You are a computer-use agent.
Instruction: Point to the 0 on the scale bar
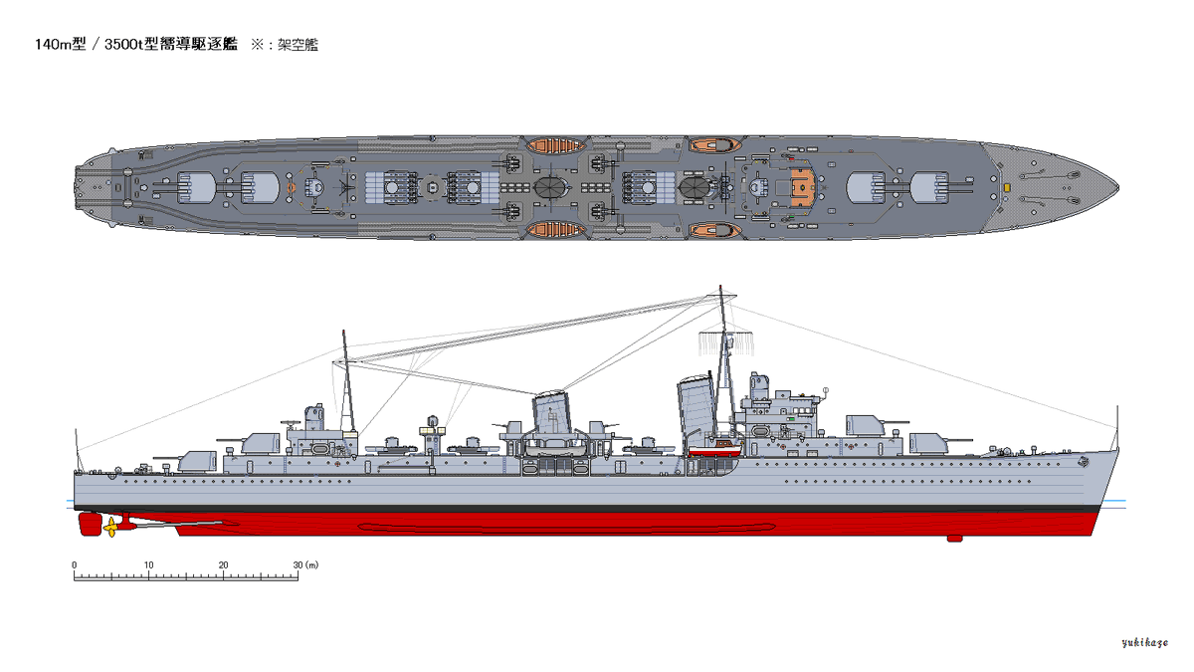click(75, 564)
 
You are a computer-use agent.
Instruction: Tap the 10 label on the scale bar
click(148, 564)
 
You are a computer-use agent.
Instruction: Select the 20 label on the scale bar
click(223, 564)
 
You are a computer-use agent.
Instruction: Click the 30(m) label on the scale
click(303, 564)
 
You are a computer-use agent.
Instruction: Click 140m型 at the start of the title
click(59, 45)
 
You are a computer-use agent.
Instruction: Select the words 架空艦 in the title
click(298, 45)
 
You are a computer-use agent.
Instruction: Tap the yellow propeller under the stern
click(109, 529)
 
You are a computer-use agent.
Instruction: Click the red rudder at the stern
click(85, 522)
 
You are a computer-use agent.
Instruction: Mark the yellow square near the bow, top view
click(1007, 186)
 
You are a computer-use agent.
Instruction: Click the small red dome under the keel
click(954, 539)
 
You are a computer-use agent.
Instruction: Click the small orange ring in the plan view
click(292, 186)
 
